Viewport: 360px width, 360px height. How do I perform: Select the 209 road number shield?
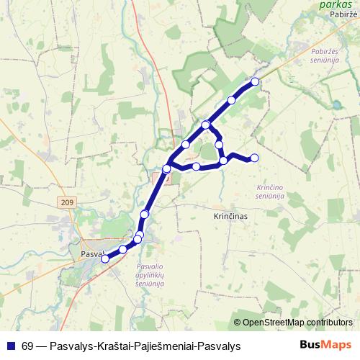click(68, 204)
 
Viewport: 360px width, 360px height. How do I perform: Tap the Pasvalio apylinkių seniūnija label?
click(150, 275)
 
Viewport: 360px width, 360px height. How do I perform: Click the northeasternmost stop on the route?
click(255, 81)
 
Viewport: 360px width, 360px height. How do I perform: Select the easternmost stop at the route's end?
click(253, 158)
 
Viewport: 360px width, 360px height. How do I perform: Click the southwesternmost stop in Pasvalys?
click(104, 258)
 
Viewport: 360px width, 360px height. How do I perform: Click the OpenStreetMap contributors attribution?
click(297, 322)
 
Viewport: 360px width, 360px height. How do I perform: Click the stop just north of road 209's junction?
click(145, 214)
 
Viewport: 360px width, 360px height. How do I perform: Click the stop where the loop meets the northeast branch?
click(206, 125)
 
